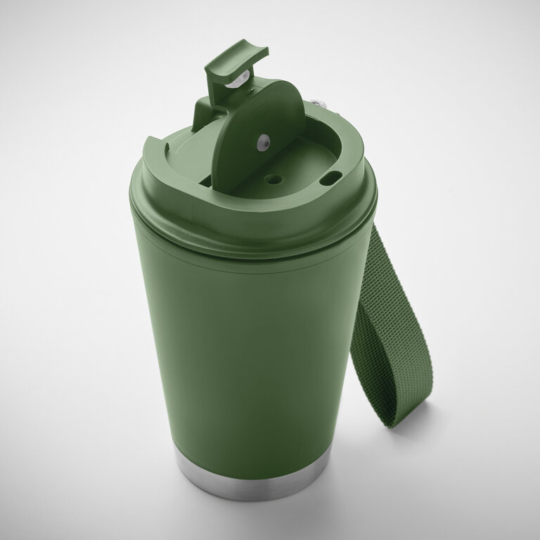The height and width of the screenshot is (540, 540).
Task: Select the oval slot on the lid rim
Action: tap(330, 179)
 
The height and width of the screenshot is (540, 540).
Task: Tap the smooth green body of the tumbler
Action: tap(246, 352)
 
